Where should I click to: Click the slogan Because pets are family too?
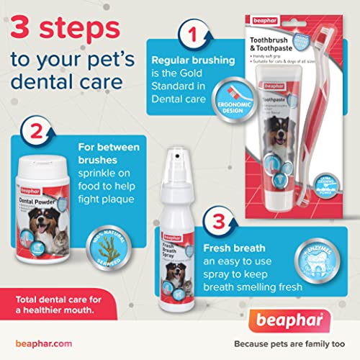point(289,344)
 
